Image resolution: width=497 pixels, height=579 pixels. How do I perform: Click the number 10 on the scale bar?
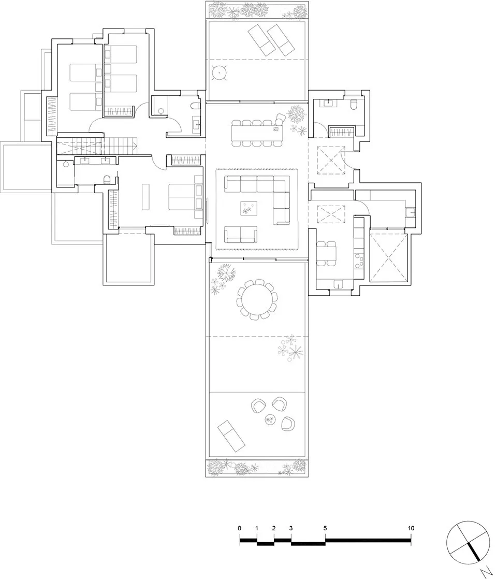click(411, 528)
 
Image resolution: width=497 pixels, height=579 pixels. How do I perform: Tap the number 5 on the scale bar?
click(325, 528)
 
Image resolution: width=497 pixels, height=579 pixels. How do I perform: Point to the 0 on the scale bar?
click(240, 528)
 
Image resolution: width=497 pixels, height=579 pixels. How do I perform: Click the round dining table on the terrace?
click(257, 299)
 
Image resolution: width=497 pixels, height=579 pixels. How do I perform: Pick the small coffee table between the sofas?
click(248, 209)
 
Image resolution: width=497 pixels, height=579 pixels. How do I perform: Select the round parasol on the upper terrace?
click(220, 74)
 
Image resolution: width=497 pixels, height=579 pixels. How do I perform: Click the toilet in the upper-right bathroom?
click(354, 105)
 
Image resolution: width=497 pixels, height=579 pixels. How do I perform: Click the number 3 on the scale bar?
click(291, 528)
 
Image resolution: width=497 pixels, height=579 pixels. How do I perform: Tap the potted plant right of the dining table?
click(297, 112)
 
